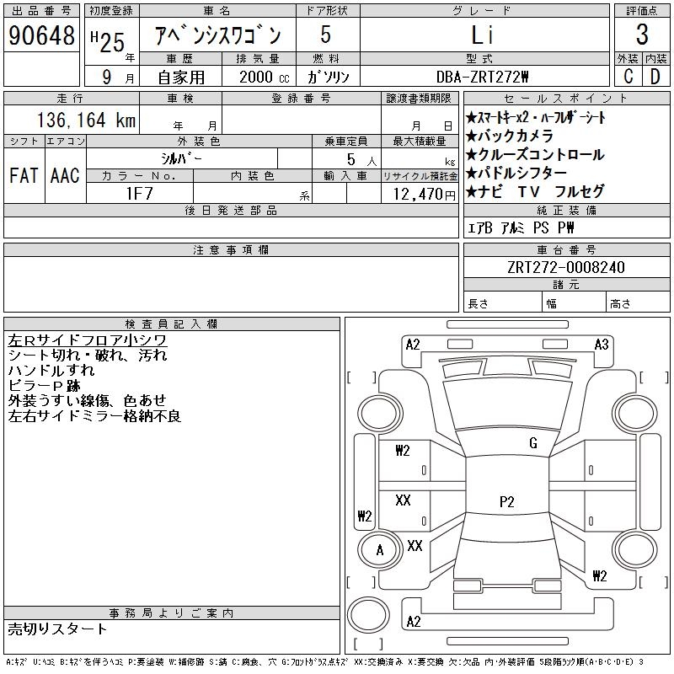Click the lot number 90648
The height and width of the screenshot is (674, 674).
[40, 35]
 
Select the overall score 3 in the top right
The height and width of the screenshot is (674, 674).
[642, 35]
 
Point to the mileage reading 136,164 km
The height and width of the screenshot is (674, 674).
[85, 120]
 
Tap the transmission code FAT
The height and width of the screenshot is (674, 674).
[23, 175]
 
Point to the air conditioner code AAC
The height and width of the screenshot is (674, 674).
[64, 175]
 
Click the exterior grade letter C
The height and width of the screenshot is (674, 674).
[628, 76]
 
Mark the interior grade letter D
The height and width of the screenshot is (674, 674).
[655, 76]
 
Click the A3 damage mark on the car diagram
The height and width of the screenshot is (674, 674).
[602, 345]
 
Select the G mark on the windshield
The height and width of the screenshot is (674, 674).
[532, 443]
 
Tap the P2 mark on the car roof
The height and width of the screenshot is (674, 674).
[506, 501]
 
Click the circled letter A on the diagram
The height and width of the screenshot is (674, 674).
[380, 551]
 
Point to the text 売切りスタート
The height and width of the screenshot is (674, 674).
[58, 629]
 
